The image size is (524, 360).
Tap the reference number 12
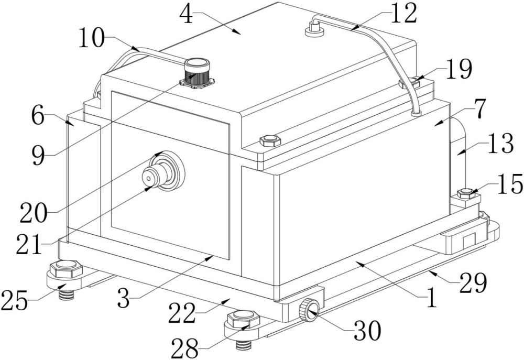(x=404, y=14)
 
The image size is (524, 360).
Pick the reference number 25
(x=14, y=300)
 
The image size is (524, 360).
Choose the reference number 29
(x=473, y=282)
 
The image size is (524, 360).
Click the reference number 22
(x=181, y=313)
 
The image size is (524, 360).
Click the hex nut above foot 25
(x=65, y=268)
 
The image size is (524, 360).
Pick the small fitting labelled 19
(x=410, y=83)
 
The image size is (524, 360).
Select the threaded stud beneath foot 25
(x=66, y=295)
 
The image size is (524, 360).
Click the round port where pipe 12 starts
(x=314, y=30)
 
